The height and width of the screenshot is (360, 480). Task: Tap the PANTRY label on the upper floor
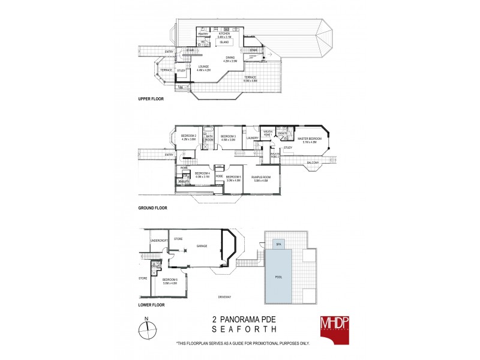pyautogui.click(x=203, y=34)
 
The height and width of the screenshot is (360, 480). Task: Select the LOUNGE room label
pyautogui.click(x=205, y=68)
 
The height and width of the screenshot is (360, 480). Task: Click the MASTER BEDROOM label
pyautogui.click(x=309, y=138)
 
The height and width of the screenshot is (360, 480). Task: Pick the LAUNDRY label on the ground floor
pyautogui.click(x=251, y=138)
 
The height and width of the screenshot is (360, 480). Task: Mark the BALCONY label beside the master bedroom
pyautogui.click(x=313, y=163)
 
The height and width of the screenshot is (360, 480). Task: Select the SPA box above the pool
pyautogui.click(x=278, y=245)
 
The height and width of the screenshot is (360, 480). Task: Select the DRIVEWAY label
pyautogui.click(x=226, y=295)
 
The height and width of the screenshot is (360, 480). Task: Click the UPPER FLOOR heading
pyautogui.click(x=151, y=98)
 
